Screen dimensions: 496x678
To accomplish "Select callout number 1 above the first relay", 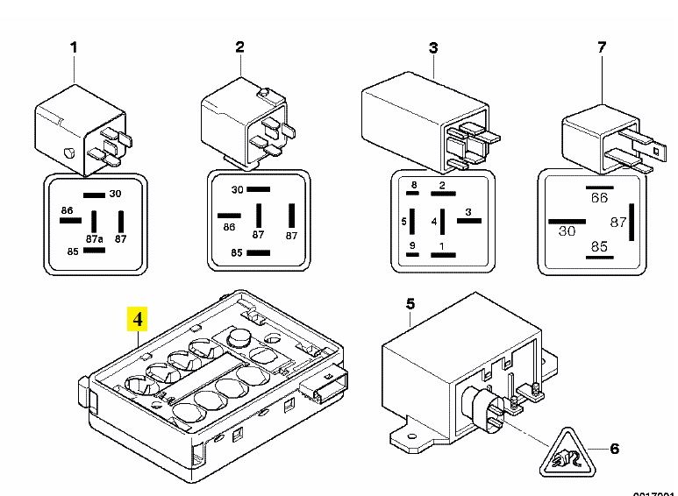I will pyautogui.click(x=74, y=47).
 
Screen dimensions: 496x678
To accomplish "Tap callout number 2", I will pyautogui.click(x=240, y=47).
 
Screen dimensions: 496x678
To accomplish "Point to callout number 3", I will pyautogui.click(x=432, y=47).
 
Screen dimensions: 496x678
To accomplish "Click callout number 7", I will pyautogui.click(x=602, y=47).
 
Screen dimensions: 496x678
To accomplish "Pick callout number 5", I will pyautogui.click(x=410, y=305).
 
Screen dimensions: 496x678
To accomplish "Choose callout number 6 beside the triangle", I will pyautogui.click(x=614, y=449).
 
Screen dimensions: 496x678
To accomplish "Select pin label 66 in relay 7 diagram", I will pyautogui.click(x=599, y=199).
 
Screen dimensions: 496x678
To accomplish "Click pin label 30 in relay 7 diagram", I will pyautogui.click(x=567, y=230).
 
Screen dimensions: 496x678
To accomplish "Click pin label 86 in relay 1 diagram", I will pyautogui.click(x=67, y=212).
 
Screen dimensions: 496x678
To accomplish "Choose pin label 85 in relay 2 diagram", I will pyautogui.click(x=236, y=253).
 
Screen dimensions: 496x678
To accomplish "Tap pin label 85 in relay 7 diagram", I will pyautogui.click(x=599, y=247).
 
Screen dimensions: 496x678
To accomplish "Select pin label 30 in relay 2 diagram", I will pyautogui.click(x=236, y=190).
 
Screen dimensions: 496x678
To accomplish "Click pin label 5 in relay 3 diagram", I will pyautogui.click(x=404, y=221).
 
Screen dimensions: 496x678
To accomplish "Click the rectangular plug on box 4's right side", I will pyautogui.click(x=324, y=383).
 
